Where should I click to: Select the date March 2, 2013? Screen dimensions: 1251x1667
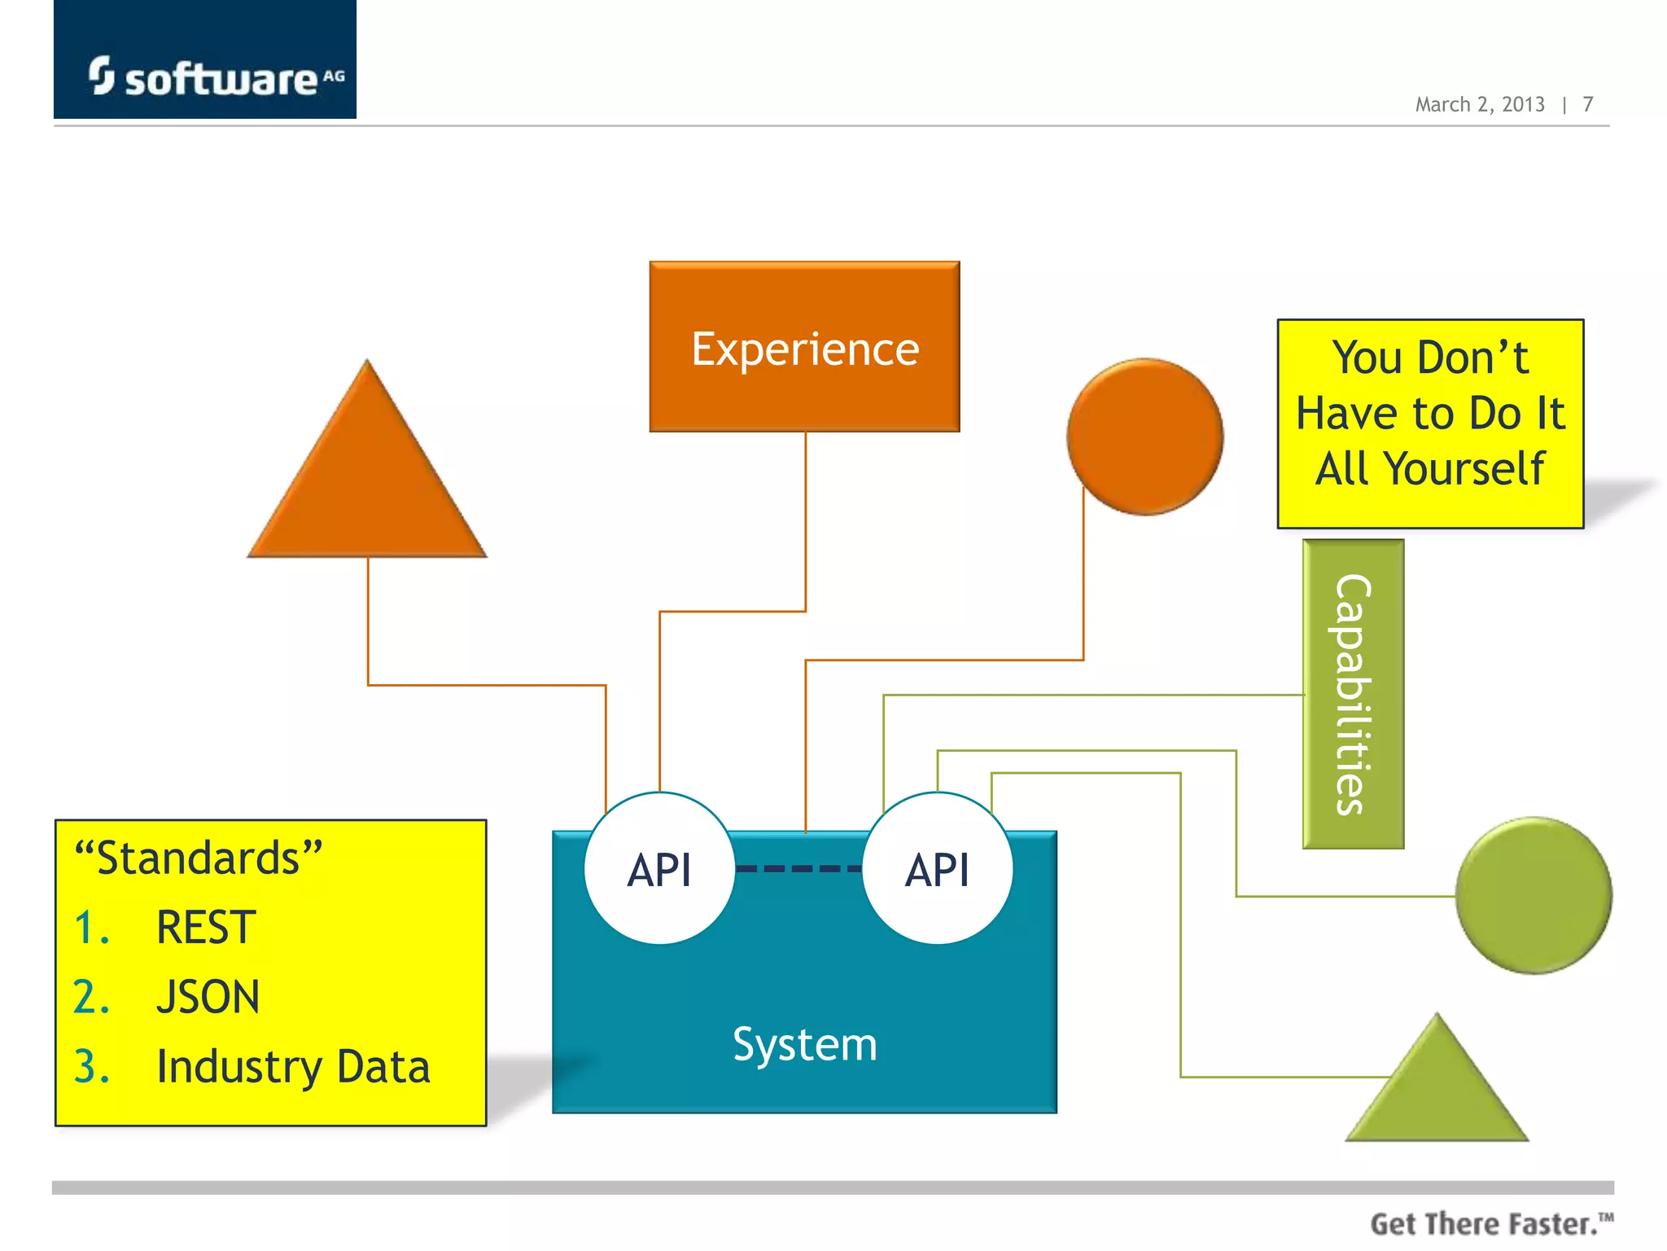point(1479,104)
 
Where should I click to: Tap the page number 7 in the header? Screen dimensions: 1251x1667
point(1587,104)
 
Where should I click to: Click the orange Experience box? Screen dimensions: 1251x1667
point(804,348)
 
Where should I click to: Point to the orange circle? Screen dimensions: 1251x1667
point(1144,437)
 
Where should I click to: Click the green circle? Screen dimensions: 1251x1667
point(1534,895)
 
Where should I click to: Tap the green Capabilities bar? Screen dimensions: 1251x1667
point(1353,694)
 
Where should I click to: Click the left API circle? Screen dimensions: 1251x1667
point(659,869)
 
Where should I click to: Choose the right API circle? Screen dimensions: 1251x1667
point(938,869)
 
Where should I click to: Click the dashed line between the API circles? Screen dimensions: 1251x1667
point(798,869)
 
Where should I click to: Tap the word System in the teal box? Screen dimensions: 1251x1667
point(804,1044)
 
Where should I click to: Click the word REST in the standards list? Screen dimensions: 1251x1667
point(206,927)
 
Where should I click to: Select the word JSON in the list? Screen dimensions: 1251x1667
point(208,997)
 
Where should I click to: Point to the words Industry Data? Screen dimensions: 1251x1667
point(293,1067)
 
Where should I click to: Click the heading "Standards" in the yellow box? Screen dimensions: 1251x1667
point(198,858)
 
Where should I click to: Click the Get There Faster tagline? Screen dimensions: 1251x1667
point(1490,1223)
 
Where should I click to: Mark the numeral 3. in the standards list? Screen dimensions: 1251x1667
point(91,1067)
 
